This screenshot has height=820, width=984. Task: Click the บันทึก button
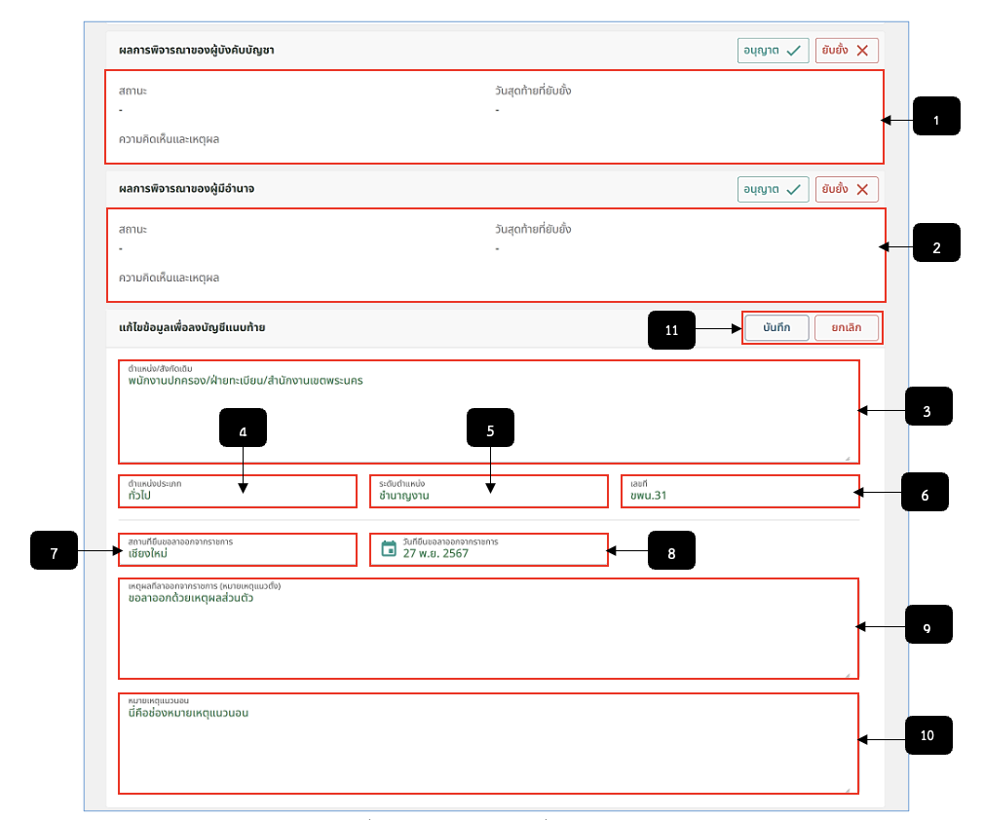click(x=776, y=327)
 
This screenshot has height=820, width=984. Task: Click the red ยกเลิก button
click(x=846, y=327)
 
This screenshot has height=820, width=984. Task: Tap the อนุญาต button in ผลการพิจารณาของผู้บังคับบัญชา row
click(x=773, y=51)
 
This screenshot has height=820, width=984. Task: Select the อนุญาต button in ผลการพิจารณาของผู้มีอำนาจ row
click(x=773, y=189)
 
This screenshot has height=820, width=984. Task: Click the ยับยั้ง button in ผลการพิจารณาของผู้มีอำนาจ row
click(x=847, y=189)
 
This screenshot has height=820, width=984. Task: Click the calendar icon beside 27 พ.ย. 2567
click(x=389, y=548)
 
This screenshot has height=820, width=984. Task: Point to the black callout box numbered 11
click(x=671, y=330)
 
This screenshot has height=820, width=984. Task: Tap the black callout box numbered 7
click(x=54, y=550)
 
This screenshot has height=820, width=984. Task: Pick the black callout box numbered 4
click(x=243, y=428)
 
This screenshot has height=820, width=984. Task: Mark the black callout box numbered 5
click(x=490, y=428)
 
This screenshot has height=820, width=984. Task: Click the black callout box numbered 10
click(x=928, y=735)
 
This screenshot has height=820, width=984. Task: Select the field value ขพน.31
click(x=648, y=495)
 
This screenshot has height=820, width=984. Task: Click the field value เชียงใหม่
click(x=147, y=553)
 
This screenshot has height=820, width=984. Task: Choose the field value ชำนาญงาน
click(x=404, y=495)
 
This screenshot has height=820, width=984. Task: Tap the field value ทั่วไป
click(x=139, y=495)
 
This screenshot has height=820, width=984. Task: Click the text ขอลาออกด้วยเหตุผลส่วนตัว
click(x=191, y=598)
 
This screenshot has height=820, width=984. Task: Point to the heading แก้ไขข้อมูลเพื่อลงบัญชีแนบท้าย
click(x=192, y=327)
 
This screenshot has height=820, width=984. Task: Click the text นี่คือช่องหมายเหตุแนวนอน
click(x=188, y=713)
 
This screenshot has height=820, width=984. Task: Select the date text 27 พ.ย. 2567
click(x=435, y=553)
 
